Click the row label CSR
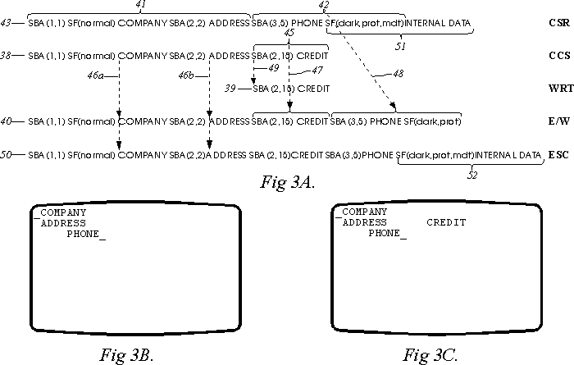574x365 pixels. pos(555,25)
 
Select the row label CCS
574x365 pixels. pos(555,57)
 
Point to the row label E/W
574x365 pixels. pos(555,122)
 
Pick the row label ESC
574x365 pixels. pos(555,154)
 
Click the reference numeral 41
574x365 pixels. pos(140,5)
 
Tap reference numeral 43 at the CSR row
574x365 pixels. pos(8,25)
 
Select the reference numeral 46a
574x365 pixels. pos(97,75)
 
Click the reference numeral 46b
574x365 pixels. pos(189,75)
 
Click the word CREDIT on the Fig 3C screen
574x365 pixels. pos(446,222)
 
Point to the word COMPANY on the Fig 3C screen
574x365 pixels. pos(364,212)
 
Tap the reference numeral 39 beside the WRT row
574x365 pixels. pos(243,88)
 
